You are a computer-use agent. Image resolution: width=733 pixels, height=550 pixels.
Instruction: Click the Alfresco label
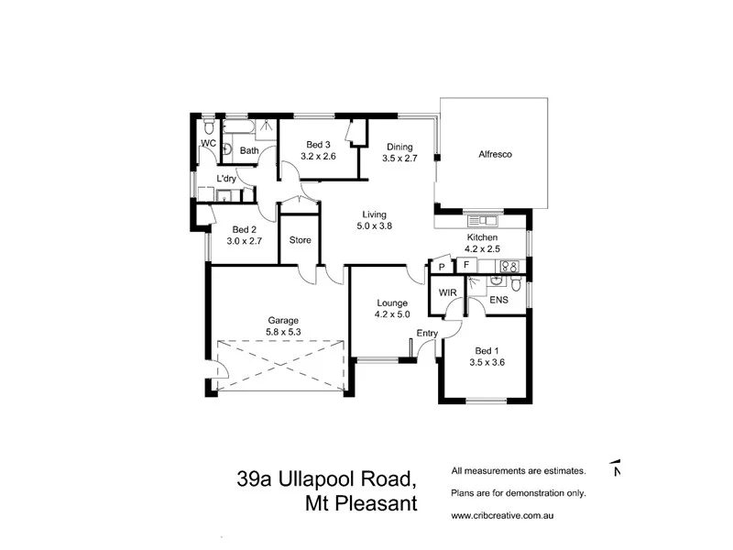tap(494, 155)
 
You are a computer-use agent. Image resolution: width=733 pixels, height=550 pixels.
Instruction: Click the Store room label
tap(301, 240)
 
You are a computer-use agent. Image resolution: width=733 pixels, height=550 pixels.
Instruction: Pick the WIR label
tap(448, 292)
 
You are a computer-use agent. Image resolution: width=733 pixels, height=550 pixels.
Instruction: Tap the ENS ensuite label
tap(498, 299)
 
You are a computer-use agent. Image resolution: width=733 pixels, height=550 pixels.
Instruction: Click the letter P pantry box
tap(442, 267)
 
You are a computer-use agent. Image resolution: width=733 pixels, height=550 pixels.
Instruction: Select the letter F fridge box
tap(465, 266)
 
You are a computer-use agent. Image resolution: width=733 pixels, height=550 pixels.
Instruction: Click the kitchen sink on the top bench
tap(480, 220)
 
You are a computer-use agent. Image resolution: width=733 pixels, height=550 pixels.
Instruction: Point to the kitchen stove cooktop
tap(508, 266)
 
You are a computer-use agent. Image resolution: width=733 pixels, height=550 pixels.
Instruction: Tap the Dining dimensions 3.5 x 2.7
tap(399, 159)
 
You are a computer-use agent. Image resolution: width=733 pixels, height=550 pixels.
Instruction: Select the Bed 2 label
tap(244, 230)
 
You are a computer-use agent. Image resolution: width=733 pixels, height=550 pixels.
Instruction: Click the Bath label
tap(249, 150)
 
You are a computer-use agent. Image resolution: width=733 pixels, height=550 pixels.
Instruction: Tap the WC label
tap(208, 144)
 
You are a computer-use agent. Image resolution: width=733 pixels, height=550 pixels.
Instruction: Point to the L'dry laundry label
tap(226, 179)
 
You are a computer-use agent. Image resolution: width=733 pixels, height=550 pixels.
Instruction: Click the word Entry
tap(427, 332)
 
